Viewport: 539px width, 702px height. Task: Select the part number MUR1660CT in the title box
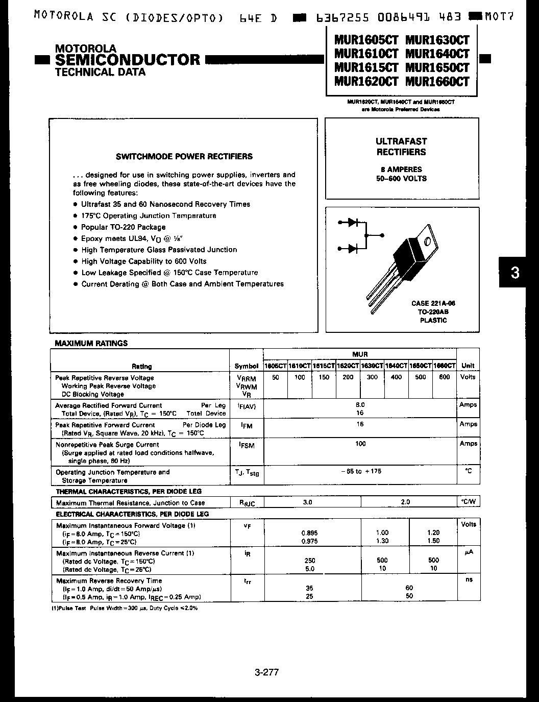(x=437, y=82)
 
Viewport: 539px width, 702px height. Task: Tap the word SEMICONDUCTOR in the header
(x=128, y=60)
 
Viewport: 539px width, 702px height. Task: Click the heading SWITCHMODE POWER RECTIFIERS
(x=184, y=156)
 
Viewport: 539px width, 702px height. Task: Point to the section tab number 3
(x=515, y=273)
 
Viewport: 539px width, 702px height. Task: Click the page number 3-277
(x=266, y=672)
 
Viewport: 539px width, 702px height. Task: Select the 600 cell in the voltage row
(x=444, y=377)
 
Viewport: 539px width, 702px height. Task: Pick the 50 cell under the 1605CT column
(x=276, y=377)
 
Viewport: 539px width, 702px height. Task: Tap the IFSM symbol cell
(x=246, y=445)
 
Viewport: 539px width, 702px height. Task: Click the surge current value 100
(x=360, y=444)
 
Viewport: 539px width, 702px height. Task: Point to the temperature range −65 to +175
(x=360, y=471)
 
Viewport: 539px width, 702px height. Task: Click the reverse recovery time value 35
(x=309, y=588)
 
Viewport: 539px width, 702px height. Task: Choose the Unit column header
(x=468, y=366)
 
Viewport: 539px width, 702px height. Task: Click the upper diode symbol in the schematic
(x=352, y=222)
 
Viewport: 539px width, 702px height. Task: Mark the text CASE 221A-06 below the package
(x=433, y=303)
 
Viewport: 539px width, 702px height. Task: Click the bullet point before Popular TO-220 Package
(x=75, y=227)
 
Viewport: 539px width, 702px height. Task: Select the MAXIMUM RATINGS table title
(x=91, y=343)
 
